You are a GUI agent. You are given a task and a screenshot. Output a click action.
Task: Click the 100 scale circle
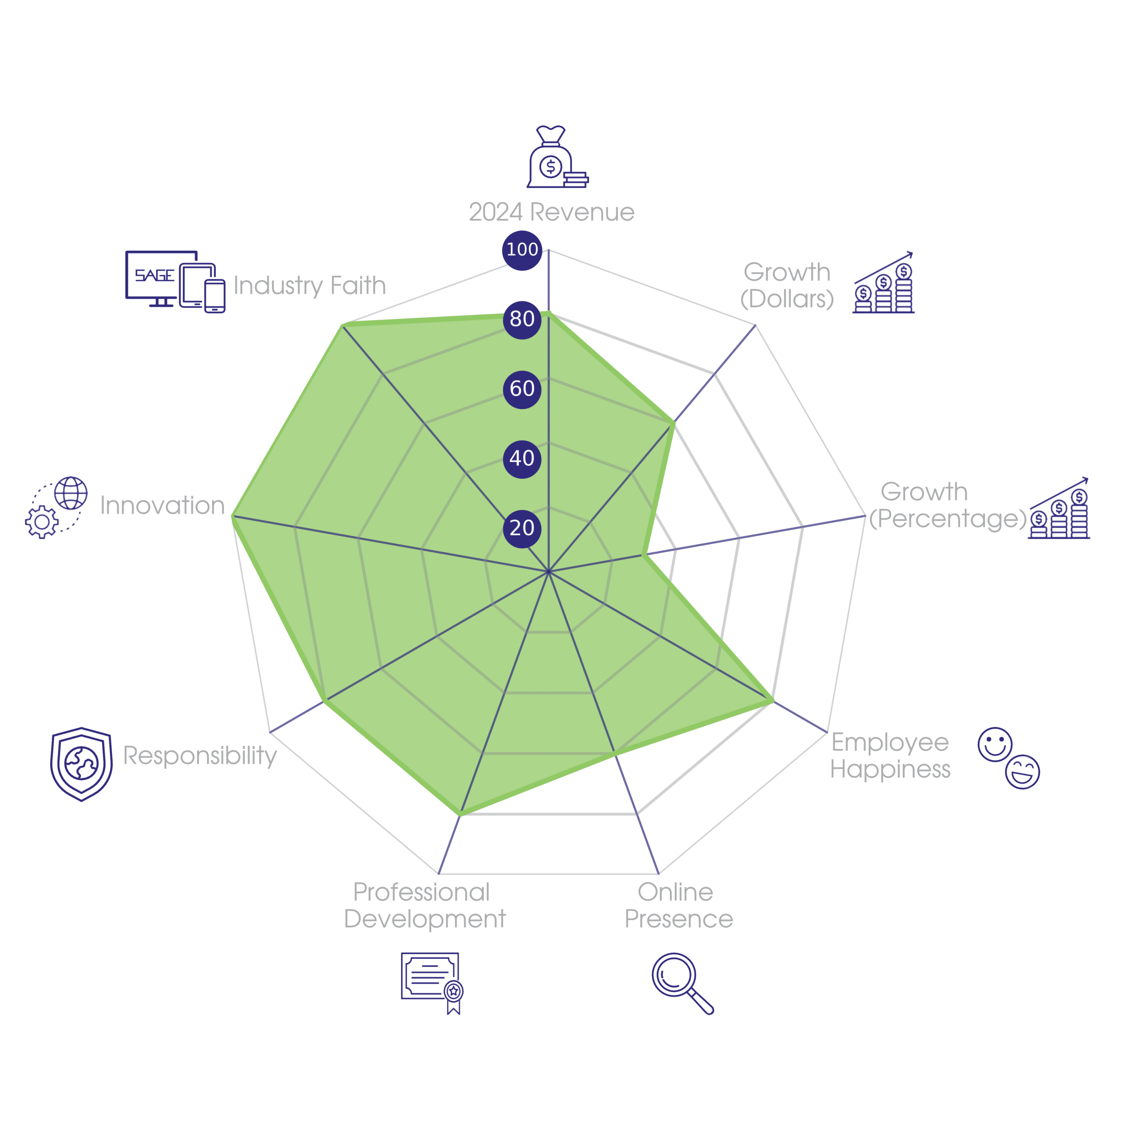(522, 250)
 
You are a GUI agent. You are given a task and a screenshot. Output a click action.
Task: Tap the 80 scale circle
(522, 319)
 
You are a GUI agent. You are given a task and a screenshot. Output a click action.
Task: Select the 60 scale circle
(522, 389)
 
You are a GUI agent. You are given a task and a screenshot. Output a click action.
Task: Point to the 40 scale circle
(522, 459)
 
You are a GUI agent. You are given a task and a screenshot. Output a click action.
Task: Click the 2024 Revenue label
(551, 212)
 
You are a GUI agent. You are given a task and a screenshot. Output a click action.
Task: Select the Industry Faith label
(309, 286)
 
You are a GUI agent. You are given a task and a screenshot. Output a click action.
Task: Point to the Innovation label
(162, 505)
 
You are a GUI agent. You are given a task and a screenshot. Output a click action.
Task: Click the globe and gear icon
(57, 507)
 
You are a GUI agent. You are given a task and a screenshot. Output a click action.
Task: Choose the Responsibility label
(200, 756)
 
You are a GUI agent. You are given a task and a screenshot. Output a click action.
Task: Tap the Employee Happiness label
(891, 756)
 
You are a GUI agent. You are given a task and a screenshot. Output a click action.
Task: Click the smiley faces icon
(1008, 758)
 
